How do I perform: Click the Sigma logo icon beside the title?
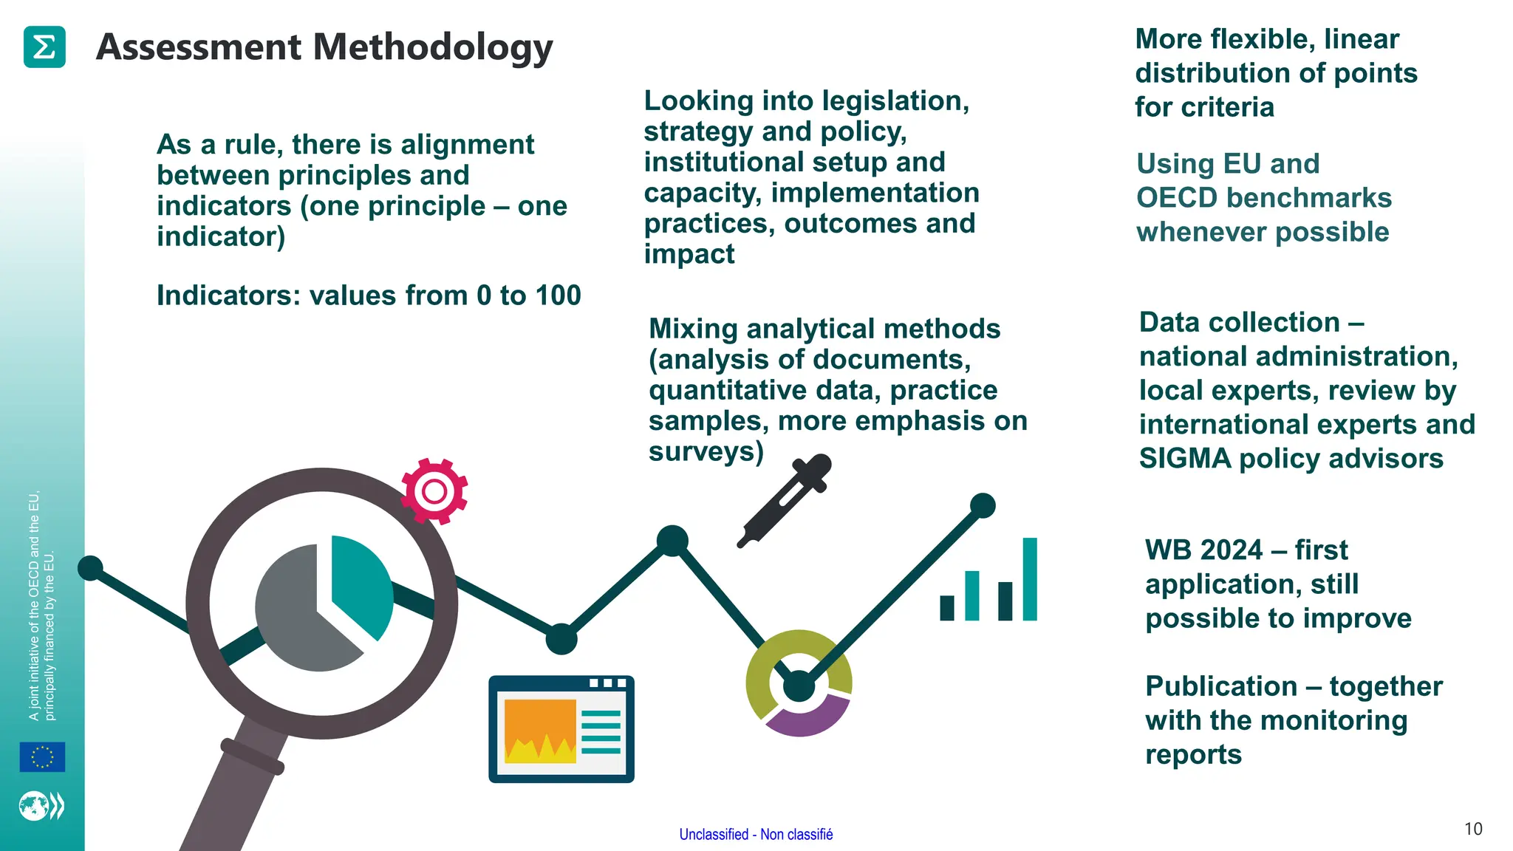44,47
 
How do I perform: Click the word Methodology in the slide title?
433,48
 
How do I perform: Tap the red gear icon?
434,491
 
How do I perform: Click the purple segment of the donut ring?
807,718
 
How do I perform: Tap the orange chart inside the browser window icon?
540,731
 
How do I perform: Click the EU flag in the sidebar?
42,756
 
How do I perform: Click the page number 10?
1473,829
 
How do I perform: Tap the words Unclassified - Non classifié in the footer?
756,834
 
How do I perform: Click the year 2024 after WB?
1232,550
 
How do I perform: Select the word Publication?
1220,686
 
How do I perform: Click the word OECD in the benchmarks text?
1176,198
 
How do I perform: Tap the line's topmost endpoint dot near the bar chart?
983,506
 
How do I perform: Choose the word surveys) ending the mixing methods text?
706,451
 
